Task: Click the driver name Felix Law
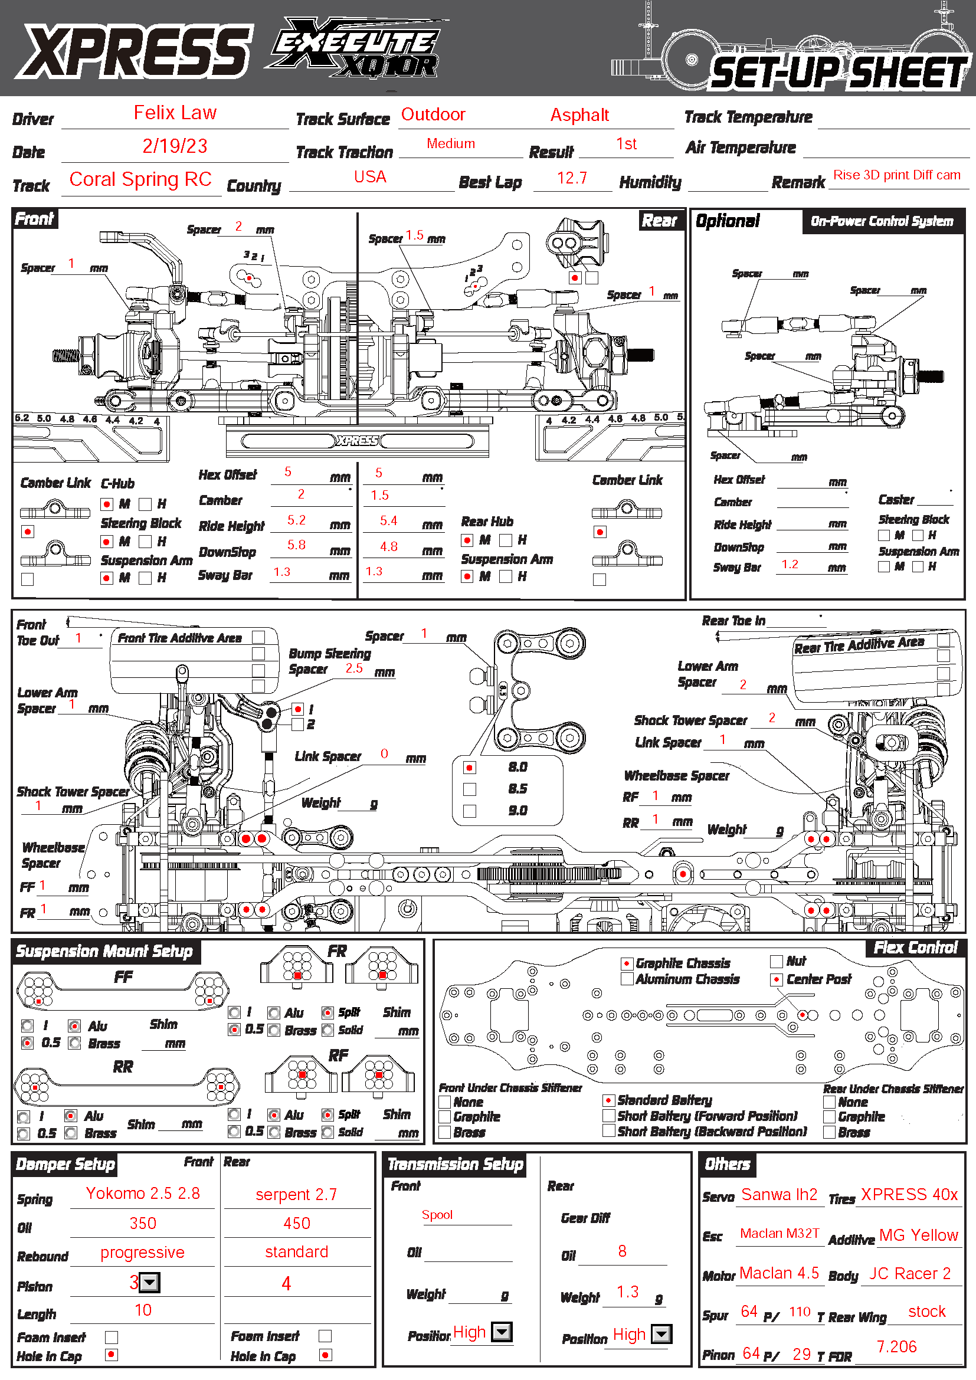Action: click(x=175, y=113)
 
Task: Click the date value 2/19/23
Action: click(x=175, y=146)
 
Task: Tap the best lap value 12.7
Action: click(x=572, y=178)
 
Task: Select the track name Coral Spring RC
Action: click(x=140, y=179)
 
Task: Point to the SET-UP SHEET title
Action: click(x=839, y=73)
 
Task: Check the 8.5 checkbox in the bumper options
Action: click(x=470, y=789)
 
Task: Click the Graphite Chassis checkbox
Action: click(x=627, y=963)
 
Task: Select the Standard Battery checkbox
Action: click(x=609, y=1100)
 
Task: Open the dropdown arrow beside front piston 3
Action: click(x=150, y=1283)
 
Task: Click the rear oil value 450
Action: click(x=297, y=1223)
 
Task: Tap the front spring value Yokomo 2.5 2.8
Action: click(x=143, y=1193)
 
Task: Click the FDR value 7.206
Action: click(x=897, y=1346)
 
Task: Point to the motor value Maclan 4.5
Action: click(x=779, y=1273)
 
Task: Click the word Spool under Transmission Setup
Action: click(x=437, y=1215)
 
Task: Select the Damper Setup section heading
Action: click(x=65, y=1164)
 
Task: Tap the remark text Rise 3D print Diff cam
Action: click(x=897, y=175)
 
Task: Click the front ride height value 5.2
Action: click(x=296, y=520)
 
